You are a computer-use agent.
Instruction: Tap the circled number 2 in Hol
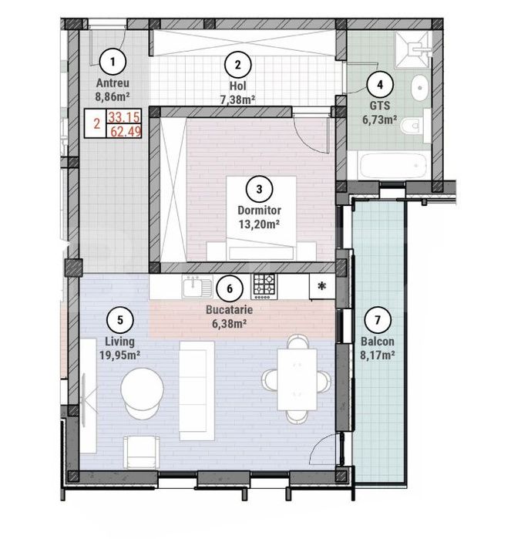pos(237,66)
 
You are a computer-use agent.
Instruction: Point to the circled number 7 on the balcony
pos(377,318)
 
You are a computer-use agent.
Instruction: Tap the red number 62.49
pos(119,132)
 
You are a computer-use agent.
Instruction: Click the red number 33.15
pos(119,117)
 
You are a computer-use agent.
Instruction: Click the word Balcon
pos(377,341)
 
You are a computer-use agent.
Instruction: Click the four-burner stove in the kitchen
pos(265,286)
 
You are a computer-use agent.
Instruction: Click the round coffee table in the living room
pos(143,393)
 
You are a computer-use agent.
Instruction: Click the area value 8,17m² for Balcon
pos(377,355)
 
